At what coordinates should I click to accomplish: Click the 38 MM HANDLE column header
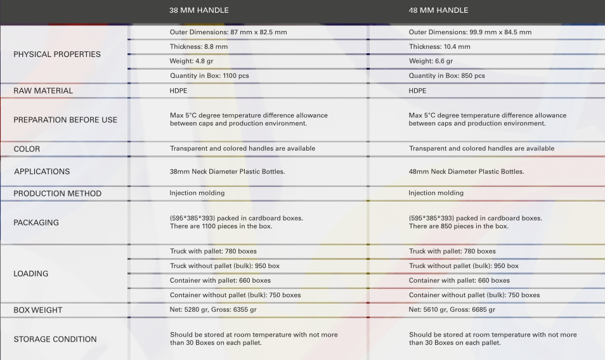tap(199, 10)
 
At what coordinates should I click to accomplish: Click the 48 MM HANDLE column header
tap(438, 10)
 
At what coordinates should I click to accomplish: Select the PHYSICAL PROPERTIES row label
tap(57, 55)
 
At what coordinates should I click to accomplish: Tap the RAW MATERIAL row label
tap(43, 91)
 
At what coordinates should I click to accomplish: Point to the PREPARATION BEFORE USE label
tap(65, 120)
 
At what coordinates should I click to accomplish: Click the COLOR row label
tap(27, 149)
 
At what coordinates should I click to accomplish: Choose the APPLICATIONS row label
tap(42, 172)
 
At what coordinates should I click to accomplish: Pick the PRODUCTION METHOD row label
tap(58, 193)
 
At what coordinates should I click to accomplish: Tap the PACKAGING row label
tap(36, 222)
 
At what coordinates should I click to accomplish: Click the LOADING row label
tap(31, 274)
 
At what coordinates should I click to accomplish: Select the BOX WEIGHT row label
tap(38, 310)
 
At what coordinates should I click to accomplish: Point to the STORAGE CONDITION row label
tap(55, 339)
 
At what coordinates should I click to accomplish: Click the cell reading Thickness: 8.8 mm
tap(198, 47)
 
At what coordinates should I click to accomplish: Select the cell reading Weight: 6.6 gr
tap(431, 61)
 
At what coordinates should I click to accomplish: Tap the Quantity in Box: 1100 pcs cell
tap(209, 76)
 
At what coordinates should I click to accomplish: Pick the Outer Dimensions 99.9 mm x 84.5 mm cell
tap(470, 32)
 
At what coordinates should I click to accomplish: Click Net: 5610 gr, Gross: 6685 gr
tap(452, 310)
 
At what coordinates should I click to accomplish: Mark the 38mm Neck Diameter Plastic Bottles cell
tap(227, 172)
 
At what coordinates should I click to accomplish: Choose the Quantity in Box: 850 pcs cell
tap(446, 76)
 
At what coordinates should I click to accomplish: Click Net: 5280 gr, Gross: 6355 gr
tap(213, 310)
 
